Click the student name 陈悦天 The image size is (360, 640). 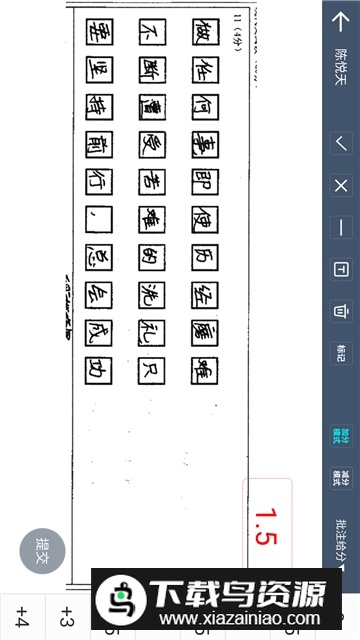point(341,72)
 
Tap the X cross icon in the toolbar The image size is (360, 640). point(341,186)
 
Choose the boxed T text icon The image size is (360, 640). point(341,269)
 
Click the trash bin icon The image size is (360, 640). point(341,311)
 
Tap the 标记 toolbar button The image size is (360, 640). point(341,353)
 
